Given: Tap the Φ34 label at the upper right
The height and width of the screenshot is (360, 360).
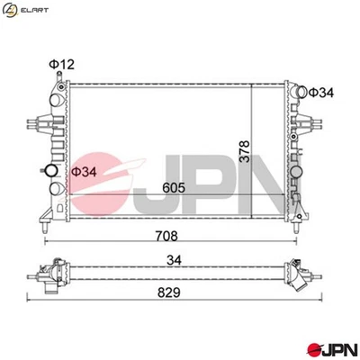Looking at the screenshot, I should point(321,92).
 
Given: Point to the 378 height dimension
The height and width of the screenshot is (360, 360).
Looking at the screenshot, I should point(246,148).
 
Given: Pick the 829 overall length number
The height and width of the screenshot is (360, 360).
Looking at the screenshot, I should point(166,293).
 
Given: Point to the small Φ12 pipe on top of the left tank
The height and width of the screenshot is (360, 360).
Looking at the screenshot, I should point(57,79).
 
